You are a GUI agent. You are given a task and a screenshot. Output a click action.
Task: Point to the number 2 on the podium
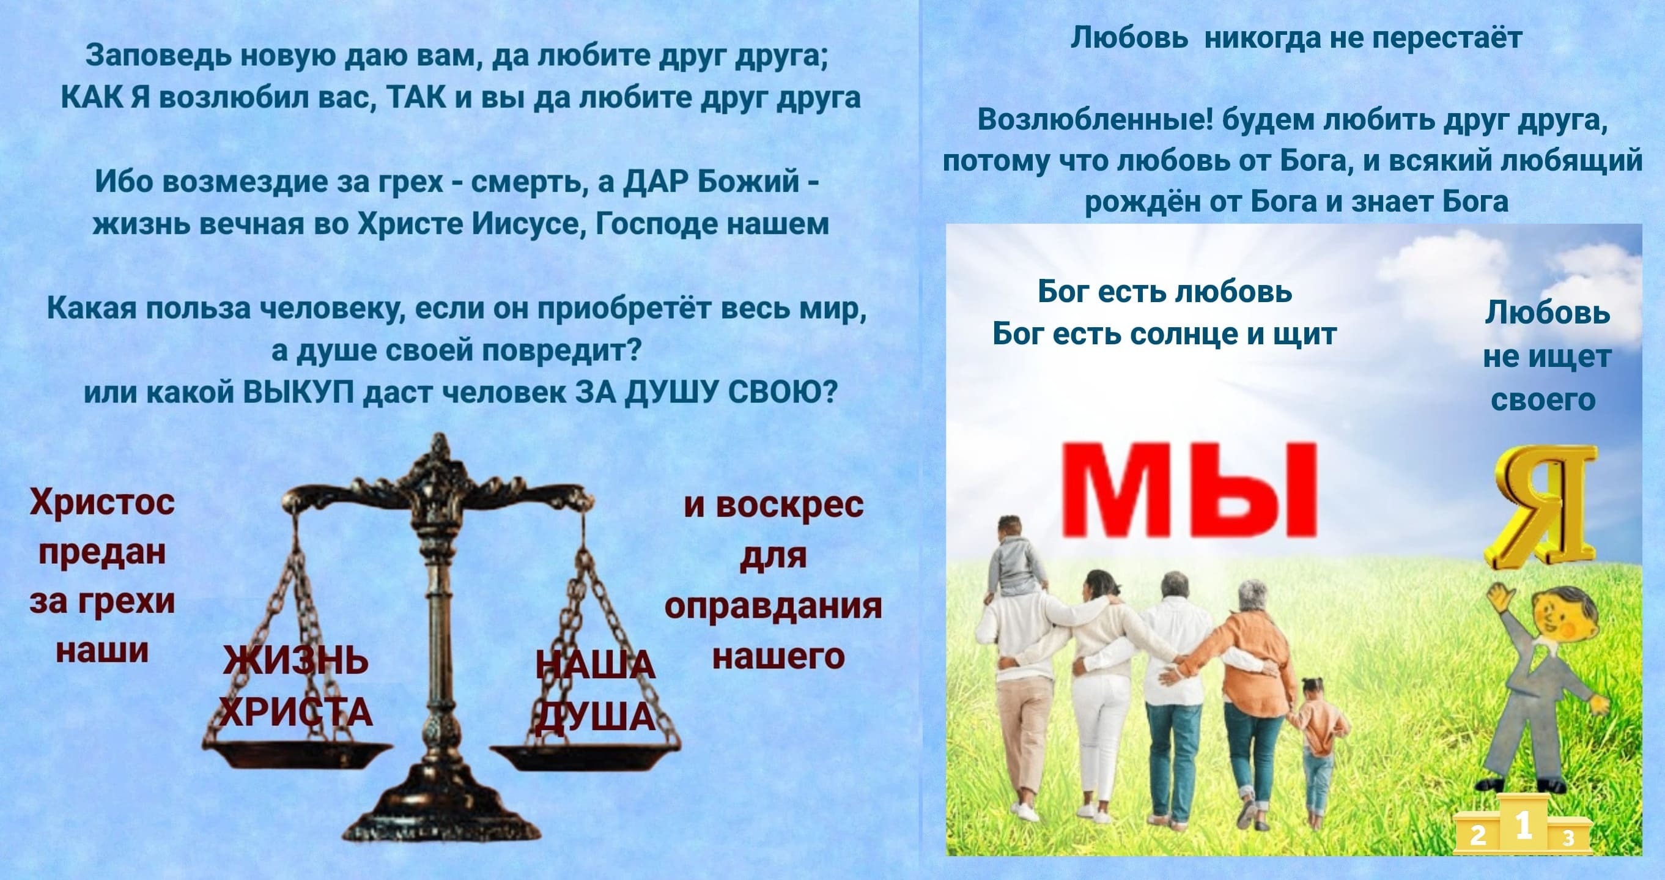point(1479,836)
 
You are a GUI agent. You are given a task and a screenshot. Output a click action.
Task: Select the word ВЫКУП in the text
point(303,392)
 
